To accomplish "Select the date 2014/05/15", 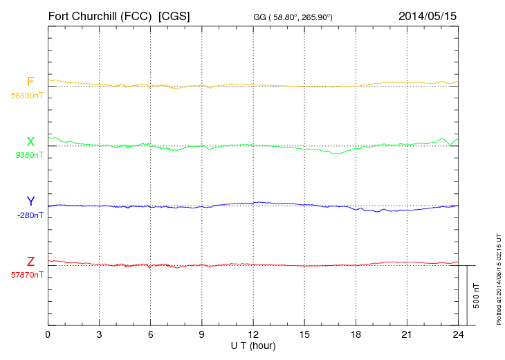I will click(427, 15).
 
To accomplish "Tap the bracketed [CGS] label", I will click(174, 15).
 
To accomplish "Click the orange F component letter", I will click(30, 82).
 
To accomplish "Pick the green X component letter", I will click(30, 142).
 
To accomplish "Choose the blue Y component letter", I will click(30, 201).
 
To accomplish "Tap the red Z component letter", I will click(30, 262).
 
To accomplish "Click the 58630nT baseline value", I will click(27, 96).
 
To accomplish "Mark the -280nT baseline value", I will click(30, 215).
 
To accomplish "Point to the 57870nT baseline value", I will click(27, 275).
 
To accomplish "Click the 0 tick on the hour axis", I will click(48, 334).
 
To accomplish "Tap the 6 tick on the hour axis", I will click(150, 334).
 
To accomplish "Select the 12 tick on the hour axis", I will click(252, 334).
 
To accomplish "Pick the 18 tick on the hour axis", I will click(355, 334).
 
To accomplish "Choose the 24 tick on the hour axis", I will click(457, 334).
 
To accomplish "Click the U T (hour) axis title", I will click(252, 345).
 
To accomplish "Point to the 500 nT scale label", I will click(476, 296).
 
